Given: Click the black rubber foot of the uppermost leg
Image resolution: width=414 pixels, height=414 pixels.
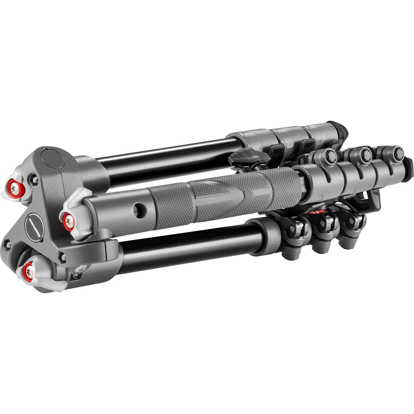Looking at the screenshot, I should [x=341, y=130].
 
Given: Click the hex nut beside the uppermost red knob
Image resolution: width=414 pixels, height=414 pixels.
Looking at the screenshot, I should [x=33, y=177].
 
